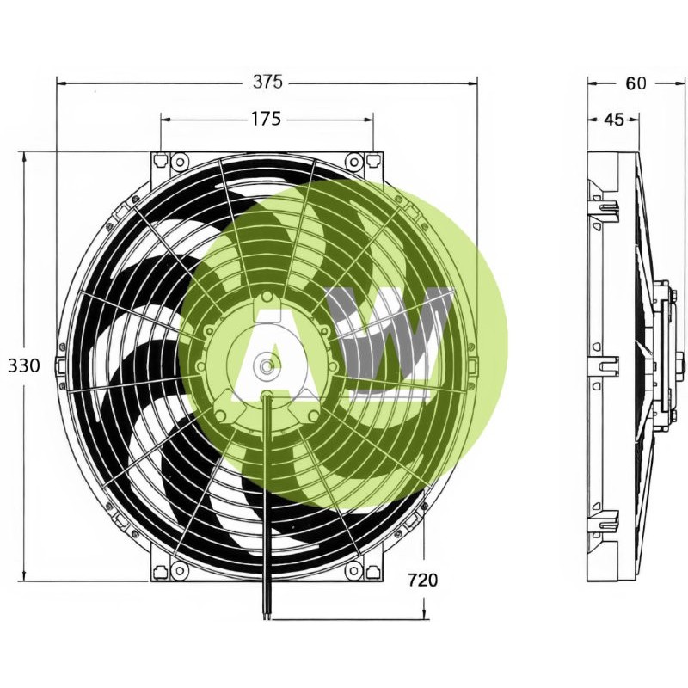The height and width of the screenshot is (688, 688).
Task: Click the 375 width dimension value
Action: [x=267, y=83]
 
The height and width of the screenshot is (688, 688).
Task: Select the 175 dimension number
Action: [x=267, y=120]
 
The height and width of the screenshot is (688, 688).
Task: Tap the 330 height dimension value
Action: [x=24, y=365]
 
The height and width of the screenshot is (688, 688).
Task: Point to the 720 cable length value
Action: [x=422, y=580]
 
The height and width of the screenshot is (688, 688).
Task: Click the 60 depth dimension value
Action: [x=636, y=83]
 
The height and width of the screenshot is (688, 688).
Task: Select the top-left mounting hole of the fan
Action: [x=179, y=162]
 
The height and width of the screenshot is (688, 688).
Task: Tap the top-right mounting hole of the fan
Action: [x=353, y=162]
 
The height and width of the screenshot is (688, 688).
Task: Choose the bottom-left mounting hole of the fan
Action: [x=179, y=569]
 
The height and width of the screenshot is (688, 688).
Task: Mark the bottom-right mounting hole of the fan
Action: [x=353, y=569]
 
